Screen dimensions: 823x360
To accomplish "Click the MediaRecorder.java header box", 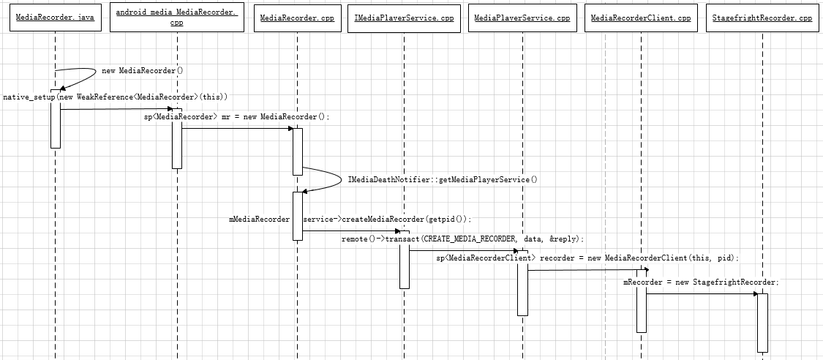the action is pos(55,18).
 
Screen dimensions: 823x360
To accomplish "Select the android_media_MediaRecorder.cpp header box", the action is pos(177,18).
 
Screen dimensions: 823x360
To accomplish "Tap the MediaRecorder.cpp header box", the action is pos(296,18).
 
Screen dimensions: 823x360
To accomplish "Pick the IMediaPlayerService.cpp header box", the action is pos(404,18).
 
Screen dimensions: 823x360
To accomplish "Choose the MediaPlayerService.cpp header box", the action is pos(522,18).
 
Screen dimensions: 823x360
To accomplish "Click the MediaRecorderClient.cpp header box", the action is pos(641,18).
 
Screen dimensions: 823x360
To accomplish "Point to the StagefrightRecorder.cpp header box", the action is pos(762,18).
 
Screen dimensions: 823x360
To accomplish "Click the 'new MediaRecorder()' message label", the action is pos(142,71).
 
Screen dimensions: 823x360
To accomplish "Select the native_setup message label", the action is pos(116,97).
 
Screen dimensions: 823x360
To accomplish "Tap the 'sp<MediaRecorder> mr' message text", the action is pos(237,116).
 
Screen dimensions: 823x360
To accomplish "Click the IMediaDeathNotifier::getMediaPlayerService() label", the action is pos(443,179).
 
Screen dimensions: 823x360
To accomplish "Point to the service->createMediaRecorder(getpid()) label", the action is pos(387,219).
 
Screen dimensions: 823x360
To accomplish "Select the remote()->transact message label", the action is pos(462,239).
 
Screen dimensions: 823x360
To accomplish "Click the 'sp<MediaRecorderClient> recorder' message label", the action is pos(587,258).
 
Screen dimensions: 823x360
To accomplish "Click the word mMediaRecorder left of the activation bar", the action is pos(259,219).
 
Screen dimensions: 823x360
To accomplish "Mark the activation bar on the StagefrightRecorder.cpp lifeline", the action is pos(762,323).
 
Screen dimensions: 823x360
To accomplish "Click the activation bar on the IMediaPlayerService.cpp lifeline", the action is pos(404,259).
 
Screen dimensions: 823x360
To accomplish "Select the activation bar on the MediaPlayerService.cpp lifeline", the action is pos(522,283).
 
